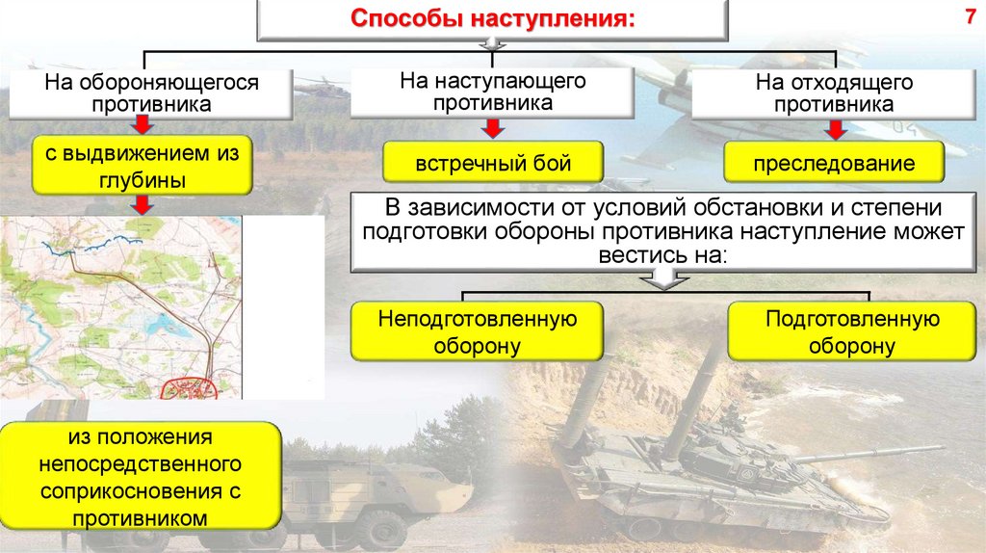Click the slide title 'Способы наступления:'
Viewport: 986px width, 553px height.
tap(491, 19)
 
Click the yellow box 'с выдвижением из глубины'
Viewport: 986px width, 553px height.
tap(143, 165)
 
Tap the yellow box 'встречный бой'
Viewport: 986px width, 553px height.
tap(493, 162)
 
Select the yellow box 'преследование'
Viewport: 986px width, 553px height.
tap(834, 164)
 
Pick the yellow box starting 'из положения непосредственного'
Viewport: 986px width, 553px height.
tap(140, 478)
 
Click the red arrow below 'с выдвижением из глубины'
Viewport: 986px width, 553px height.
tap(142, 204)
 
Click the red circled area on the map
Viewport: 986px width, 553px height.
tap(194, 387)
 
